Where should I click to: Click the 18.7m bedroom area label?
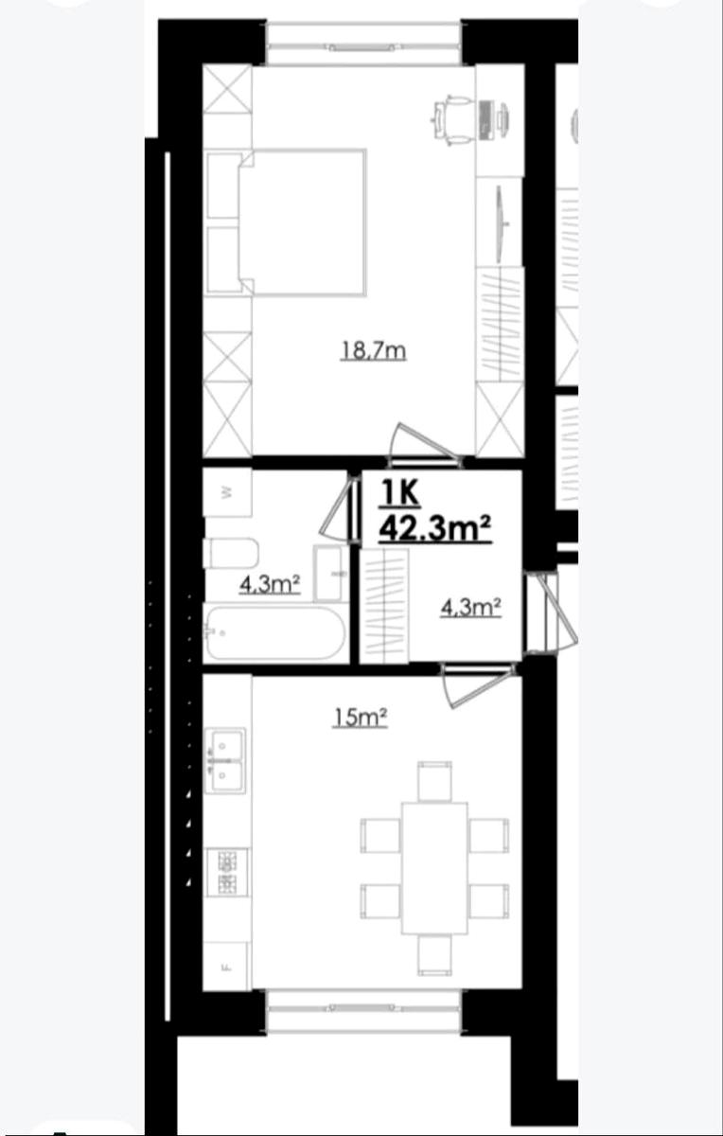(373, 351)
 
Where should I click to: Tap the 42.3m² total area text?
(435, 528)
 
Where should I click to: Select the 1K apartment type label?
(400, 493)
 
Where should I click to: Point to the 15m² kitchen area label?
(360, 719)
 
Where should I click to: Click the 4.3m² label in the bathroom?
(270, 585)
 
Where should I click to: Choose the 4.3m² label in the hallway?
(471, 608)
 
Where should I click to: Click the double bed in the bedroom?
(287, 222)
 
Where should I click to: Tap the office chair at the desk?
(450, 120)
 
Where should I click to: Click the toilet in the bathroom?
(231, 553)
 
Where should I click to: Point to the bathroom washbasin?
(329, 574)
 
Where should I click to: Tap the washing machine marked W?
(228, 491)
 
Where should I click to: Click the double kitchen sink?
(225, 761)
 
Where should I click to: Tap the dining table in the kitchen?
(434, 868)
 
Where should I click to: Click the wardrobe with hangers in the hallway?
(384, 606)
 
